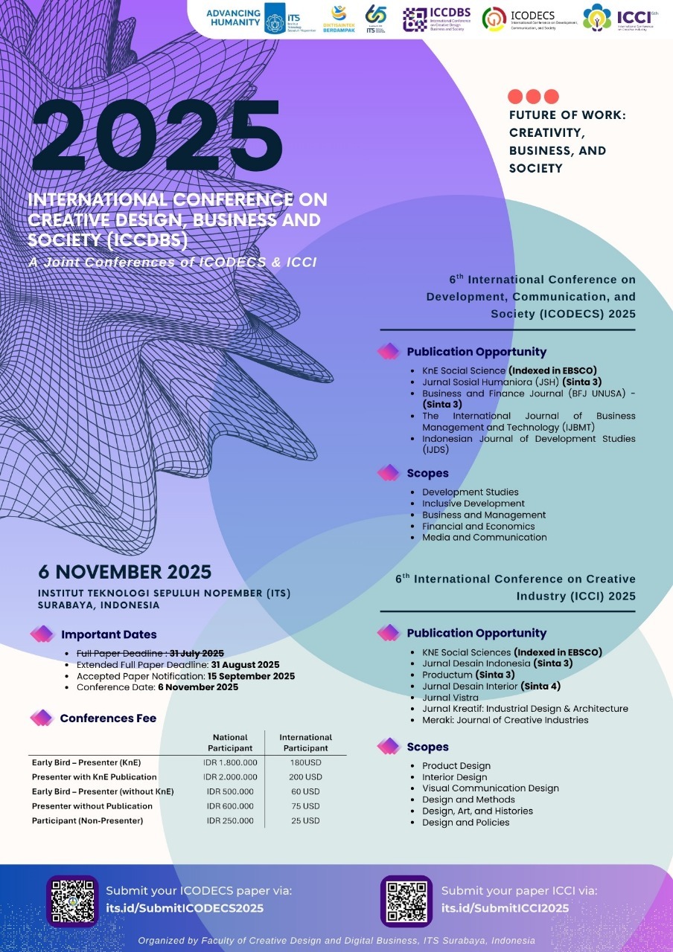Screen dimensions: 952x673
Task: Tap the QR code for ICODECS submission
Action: pyautogui.click(x=72, y=901)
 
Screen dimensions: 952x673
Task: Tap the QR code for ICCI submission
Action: pyautogui.click(x=406, y=901)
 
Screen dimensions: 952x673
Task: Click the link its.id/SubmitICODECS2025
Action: pyautogui.click(x=185, y=908)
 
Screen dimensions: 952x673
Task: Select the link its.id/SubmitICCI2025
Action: pyautogui.click(x=505, y=908)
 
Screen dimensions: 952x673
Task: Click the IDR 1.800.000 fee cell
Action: pyautogui.click(x=230, y=762)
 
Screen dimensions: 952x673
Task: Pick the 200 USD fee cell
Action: pyautogui.click(x=305, y=776)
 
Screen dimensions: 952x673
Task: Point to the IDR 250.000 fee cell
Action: pyautogui.click(x=230, y=820)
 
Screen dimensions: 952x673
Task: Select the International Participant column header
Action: pyautogui.click(x=305, y=742)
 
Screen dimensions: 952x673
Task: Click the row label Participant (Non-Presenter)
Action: pyautogui.click(x=87, y=820)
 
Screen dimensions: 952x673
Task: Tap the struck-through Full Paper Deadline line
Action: pyautogui.click(x=150, y=653)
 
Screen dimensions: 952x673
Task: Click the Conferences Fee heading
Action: pyautogui.click(x=108, y=718)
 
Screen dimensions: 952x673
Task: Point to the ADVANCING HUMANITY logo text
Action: pyautogui.click(x=233, y=18)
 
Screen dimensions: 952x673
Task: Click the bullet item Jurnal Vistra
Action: pyautogui.click(x=450, y=698)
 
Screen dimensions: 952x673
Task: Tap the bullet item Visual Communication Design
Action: pyautogui.click(x=490, y=788)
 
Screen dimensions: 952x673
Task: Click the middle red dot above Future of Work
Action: pyautogui.click(x=533, y=96)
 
